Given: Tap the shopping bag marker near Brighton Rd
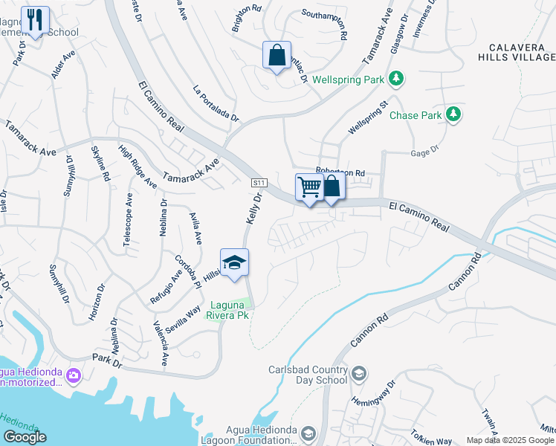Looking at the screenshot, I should pos(277,55).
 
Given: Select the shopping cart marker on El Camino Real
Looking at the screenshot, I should pos(308,187).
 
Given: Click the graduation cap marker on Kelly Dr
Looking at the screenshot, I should pos(234,262).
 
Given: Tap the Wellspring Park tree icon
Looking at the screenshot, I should pos(397,78).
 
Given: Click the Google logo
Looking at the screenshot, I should pos(25,436).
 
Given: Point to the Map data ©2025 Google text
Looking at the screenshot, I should pos(510,440).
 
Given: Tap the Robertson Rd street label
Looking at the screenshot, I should pos(340,172).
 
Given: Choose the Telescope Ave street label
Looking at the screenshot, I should pos(129,221).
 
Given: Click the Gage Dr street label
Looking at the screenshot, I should pos(425,152).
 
